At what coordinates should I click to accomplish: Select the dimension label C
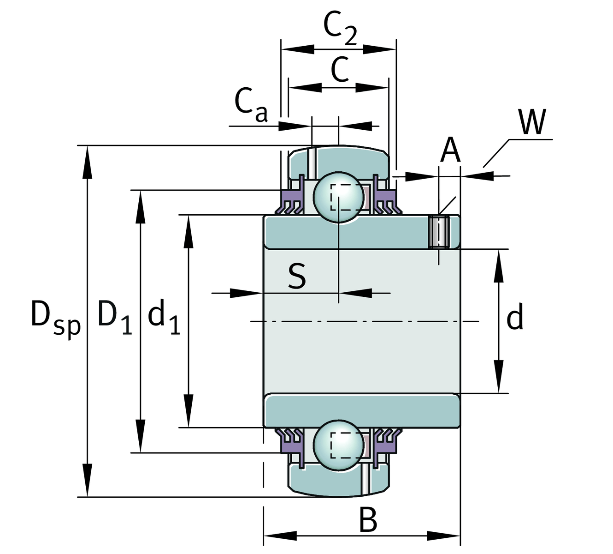click(x=340, y=70)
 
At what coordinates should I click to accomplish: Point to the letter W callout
click(x=532, y=122)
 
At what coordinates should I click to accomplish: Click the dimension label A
click(x=450, y=151)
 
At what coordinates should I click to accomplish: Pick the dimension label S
click(x=297, y=277)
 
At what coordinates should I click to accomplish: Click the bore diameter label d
click(x=515, y=318)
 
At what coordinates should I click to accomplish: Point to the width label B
click(x=368, y=520)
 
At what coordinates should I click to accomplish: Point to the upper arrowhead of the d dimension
click(x=498, y=265)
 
